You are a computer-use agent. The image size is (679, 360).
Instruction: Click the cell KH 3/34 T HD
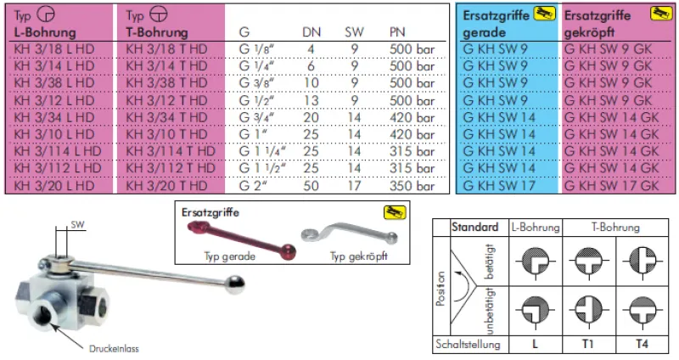[x=166, y=117]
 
